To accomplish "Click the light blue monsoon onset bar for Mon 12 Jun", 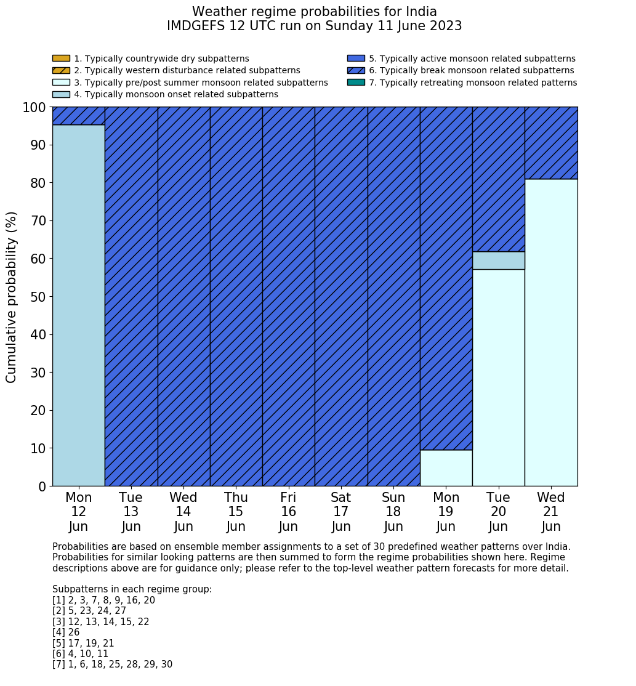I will [78, 305].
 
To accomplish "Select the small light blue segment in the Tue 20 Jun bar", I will [498, 260].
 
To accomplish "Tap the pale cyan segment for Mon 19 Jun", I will [446, 468].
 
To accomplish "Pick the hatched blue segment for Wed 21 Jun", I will [551, 143].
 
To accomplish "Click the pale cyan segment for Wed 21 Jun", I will [551, 333].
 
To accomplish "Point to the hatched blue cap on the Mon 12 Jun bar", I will [78, 116].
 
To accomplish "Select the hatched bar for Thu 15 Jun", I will [236, 296].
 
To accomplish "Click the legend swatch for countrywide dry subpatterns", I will [61, 59].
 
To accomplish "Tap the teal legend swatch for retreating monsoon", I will [356, 83].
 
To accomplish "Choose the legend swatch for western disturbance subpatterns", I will [61, 70].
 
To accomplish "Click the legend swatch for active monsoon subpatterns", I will [356, 59].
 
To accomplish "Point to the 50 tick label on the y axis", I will [38, 297].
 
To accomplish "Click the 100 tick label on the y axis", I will [34, 108].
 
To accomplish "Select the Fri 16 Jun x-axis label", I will [288, 512].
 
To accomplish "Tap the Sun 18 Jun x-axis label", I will [393, 512].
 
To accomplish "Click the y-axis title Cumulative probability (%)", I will [12, 297].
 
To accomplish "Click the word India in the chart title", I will [421, 12].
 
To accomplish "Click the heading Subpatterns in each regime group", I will [132, 589].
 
